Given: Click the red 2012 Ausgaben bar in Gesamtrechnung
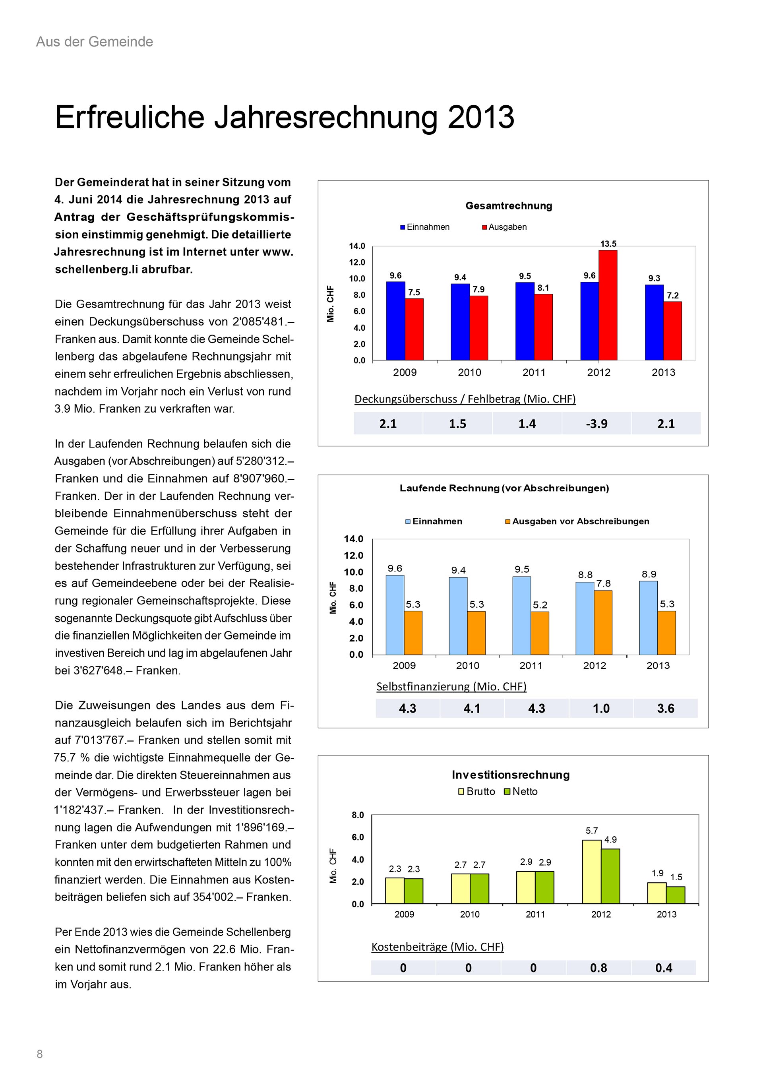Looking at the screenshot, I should [x=608, y=306].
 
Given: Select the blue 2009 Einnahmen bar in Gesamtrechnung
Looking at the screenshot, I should [x=395, y=321].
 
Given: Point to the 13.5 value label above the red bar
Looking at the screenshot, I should [x=608, y=244].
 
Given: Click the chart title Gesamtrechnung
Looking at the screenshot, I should [x=508, y=206].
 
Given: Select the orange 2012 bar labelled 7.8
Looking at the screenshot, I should [x=603, y=623].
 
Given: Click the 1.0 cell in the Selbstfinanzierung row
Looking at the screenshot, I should [x=601, y=708].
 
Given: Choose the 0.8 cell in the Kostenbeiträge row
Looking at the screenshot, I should [x=598, y=968].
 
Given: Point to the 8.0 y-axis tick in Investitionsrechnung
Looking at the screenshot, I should [x=358, y=815].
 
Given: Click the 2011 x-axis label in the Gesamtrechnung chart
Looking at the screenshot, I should [x=534, y=372].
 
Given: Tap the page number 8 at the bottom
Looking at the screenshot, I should [x=39, y=1054].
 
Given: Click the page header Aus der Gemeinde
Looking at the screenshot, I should [x=95, y=42].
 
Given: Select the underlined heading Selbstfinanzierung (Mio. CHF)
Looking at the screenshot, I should [x=451, y=687].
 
